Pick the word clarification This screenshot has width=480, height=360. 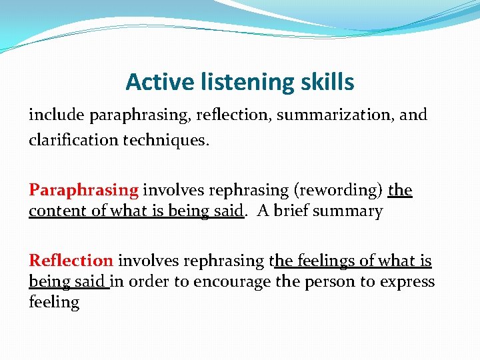click(x=69, y=141)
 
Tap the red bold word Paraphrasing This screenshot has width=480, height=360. click(x=83, y=191)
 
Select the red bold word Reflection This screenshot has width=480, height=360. click(x=71, y=261)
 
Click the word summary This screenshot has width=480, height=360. click(x=350, y=211)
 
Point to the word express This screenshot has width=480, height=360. click(x=407, y=281)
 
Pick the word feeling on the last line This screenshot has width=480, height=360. click(x=54, y=302)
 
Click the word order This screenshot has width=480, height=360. click(x=149, y=281)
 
